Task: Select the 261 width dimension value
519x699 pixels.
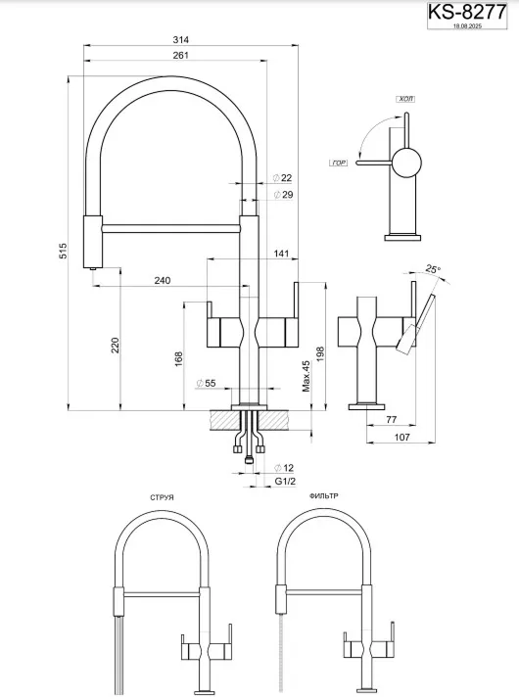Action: coord(180,57)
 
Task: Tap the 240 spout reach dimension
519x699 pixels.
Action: coord(163,281)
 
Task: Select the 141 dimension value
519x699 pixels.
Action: coord(281,255)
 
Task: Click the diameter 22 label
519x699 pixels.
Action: coord(283,178)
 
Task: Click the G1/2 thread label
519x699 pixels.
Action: coord(284,481)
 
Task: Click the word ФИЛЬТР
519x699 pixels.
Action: coord(323,496)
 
